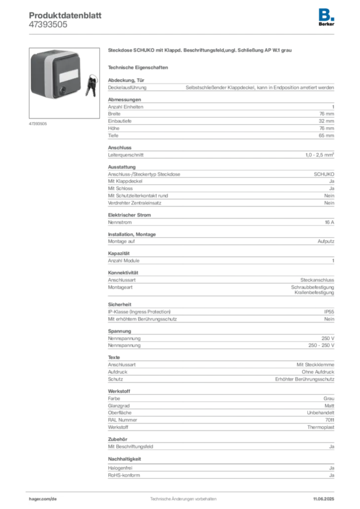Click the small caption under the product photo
37,123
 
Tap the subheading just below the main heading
140,67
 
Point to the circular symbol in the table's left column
119,268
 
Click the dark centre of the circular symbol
119,268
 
